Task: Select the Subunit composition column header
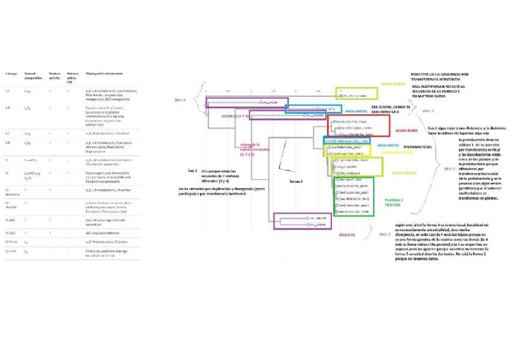[31, 75]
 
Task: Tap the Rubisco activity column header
[55, 75]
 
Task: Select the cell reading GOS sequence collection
[102, 231]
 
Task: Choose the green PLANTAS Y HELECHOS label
[394, 202]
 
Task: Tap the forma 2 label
[296, 181]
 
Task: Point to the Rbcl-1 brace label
[449, 169]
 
